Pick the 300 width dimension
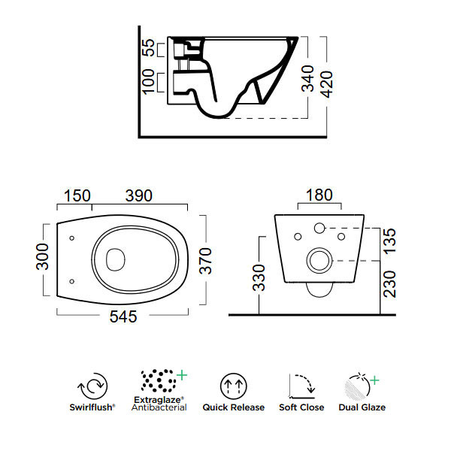43,260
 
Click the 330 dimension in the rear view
259,276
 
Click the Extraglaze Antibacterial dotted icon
159,381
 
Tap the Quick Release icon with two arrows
233,386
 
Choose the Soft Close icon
303,386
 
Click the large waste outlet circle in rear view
319,261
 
